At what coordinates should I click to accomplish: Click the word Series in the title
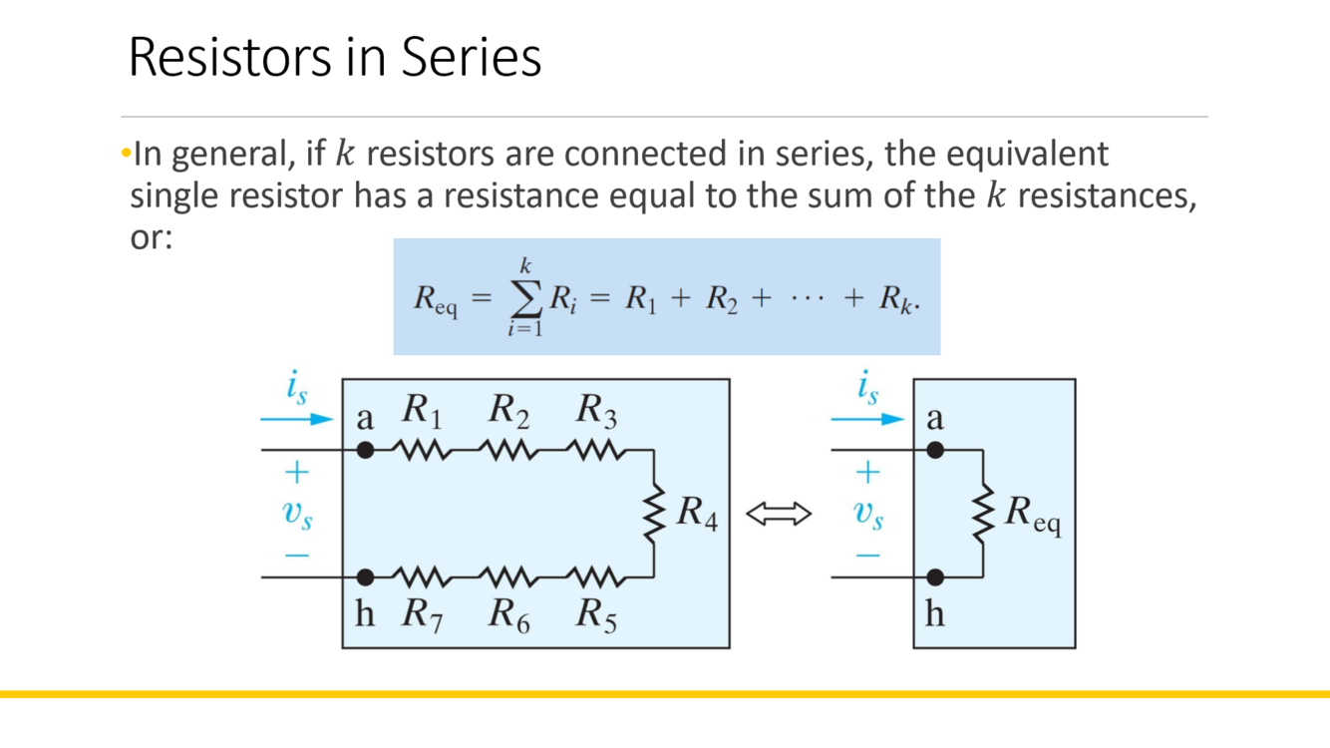pos(472,58)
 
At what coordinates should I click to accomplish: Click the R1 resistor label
pos(423,410)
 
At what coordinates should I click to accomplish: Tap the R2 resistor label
pos(508,410)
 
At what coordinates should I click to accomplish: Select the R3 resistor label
pos(596,410)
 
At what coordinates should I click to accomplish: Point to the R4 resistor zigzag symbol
pos(654,514)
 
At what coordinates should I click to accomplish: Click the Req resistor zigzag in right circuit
pos(983,514)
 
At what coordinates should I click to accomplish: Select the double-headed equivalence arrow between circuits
pos(779,514)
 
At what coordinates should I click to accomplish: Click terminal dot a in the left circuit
pos(366,450)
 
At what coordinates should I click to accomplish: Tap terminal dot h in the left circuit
pos(366,576)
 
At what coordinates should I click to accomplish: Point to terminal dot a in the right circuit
pos(935,450)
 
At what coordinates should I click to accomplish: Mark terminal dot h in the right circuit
pos(935,576)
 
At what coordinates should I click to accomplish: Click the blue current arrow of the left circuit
pos(297,420)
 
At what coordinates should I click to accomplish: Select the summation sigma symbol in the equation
pos(525,297)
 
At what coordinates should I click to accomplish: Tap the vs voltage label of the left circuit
pos(297,514)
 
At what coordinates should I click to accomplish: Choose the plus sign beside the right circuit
pos(868,471)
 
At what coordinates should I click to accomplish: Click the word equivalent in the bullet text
pos(1026,155)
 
